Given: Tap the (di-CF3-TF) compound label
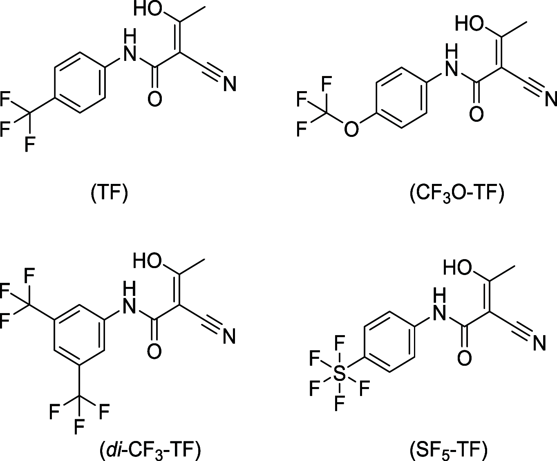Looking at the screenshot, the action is pos(150,450).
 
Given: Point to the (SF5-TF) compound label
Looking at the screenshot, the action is pos(448,450).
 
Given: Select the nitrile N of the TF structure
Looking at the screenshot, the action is pos(230,84).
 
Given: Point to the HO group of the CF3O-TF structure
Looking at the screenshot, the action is pos(469,24).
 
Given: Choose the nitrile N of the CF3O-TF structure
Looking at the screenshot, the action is pos(551,98).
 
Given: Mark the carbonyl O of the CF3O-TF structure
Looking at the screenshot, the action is pos(476,113).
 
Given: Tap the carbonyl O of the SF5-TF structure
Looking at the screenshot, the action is pos(465,358).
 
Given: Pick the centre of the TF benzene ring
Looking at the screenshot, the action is pos(78,82).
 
